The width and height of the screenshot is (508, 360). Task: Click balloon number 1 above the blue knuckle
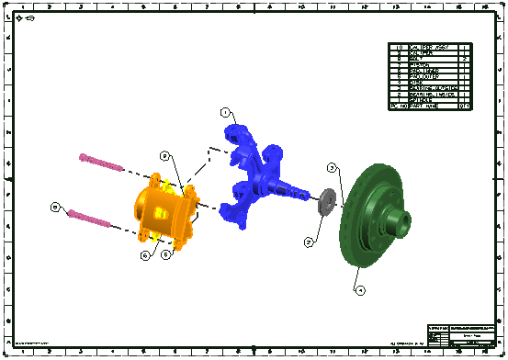pyautogui.click(x=224, y=112)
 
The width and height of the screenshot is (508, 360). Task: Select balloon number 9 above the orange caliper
pyautogui.click(x=164, y=155)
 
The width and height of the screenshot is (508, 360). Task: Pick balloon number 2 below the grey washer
pyautogui.click(x=310, y=242)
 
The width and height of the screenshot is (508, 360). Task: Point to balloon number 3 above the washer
pyautogui.click(x=333, y=167)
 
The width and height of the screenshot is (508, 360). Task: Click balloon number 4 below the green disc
pyautogui.click(x=360, y=289)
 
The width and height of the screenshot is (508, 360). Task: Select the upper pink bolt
pyautogui.click(x=100, y=163)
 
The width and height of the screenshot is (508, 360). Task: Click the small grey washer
pyautogui.click(x=325, y=202)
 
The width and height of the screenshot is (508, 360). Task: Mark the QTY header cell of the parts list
pyautogui.click(x=465, y=107)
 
